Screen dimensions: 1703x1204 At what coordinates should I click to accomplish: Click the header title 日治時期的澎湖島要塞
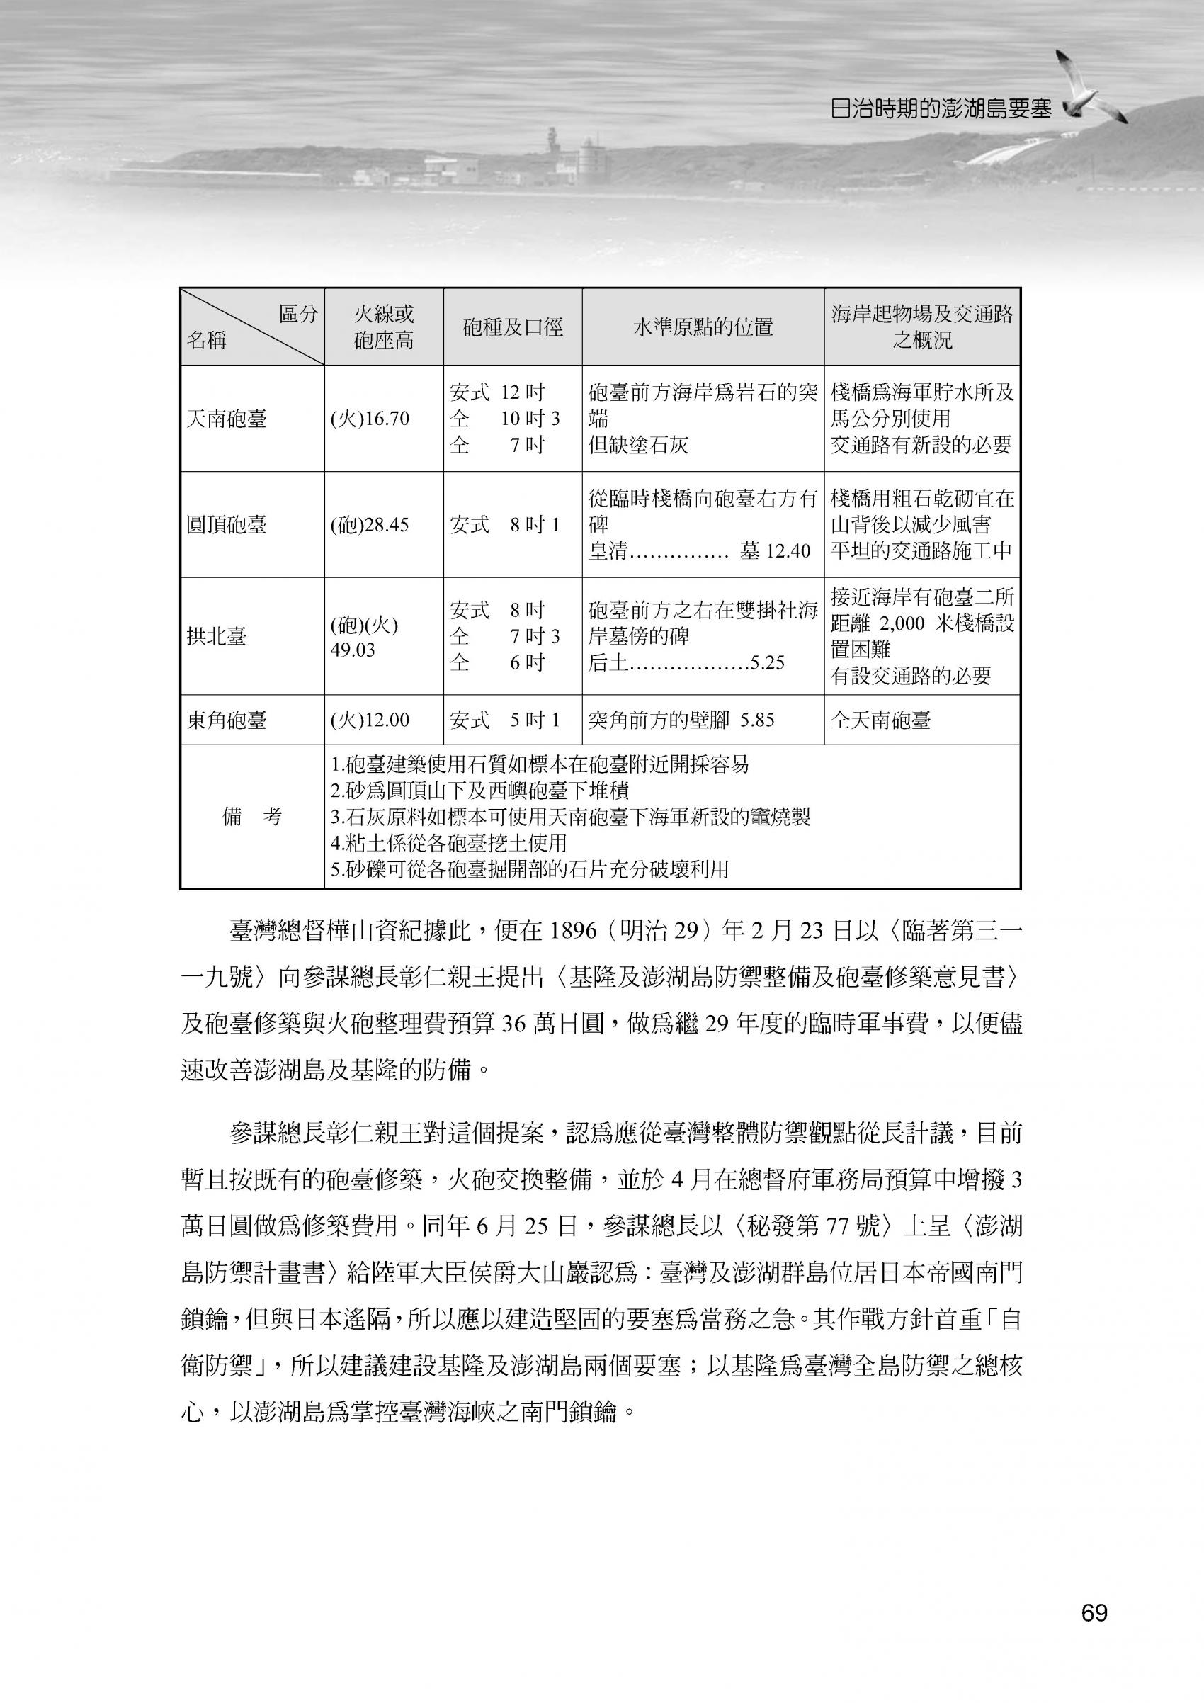coord(941,109)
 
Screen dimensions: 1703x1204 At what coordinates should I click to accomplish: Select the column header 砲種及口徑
coord(512,327)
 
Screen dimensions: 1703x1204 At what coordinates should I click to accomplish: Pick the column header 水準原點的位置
coord(702,327)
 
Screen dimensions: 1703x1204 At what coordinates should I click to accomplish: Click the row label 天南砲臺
coord(226,419)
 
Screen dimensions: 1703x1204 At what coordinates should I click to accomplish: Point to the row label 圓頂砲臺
coord(226,525)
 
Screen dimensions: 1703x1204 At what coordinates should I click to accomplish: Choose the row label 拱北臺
coord(217,636)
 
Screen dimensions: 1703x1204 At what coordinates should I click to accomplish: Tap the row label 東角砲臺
coord(226,720)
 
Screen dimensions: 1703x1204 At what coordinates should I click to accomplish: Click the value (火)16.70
coord(369,419)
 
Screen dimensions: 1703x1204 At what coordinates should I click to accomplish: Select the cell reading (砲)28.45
coord(369,525)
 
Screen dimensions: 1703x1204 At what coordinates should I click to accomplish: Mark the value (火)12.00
coord(369,720)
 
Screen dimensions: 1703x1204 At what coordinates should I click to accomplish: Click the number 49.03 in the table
coord(353,650)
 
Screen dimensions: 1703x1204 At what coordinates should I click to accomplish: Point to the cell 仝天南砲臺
coord(880,720)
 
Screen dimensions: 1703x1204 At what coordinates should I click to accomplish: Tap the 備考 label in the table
coord(252,817)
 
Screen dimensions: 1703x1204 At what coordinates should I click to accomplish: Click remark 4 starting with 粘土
coord(448,842)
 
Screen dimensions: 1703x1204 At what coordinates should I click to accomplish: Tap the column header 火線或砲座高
coord(383,327)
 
